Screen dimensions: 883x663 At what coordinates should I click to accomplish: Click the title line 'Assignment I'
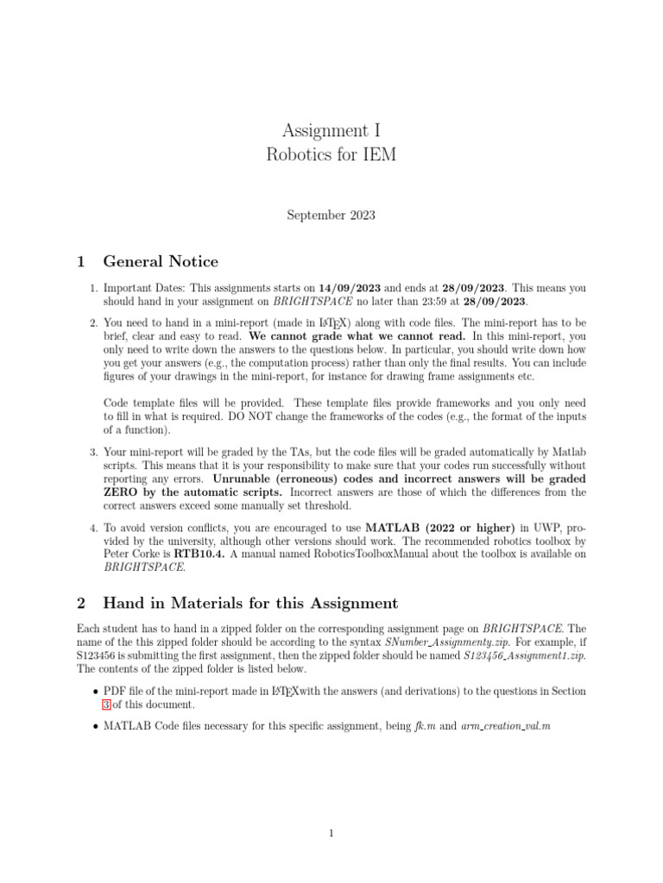(331, 131)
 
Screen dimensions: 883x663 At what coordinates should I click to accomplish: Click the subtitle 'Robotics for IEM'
(331, 155)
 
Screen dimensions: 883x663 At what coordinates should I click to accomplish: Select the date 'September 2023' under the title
(331, 216)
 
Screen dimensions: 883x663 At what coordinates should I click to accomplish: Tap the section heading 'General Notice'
(160, 261)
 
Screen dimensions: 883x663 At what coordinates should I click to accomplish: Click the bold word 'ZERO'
(122, 492)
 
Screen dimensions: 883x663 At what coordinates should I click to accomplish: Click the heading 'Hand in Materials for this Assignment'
(250, 603)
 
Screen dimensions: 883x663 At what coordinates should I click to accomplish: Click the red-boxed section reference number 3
(107, 704)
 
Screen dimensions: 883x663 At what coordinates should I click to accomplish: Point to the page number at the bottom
(331, 834)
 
